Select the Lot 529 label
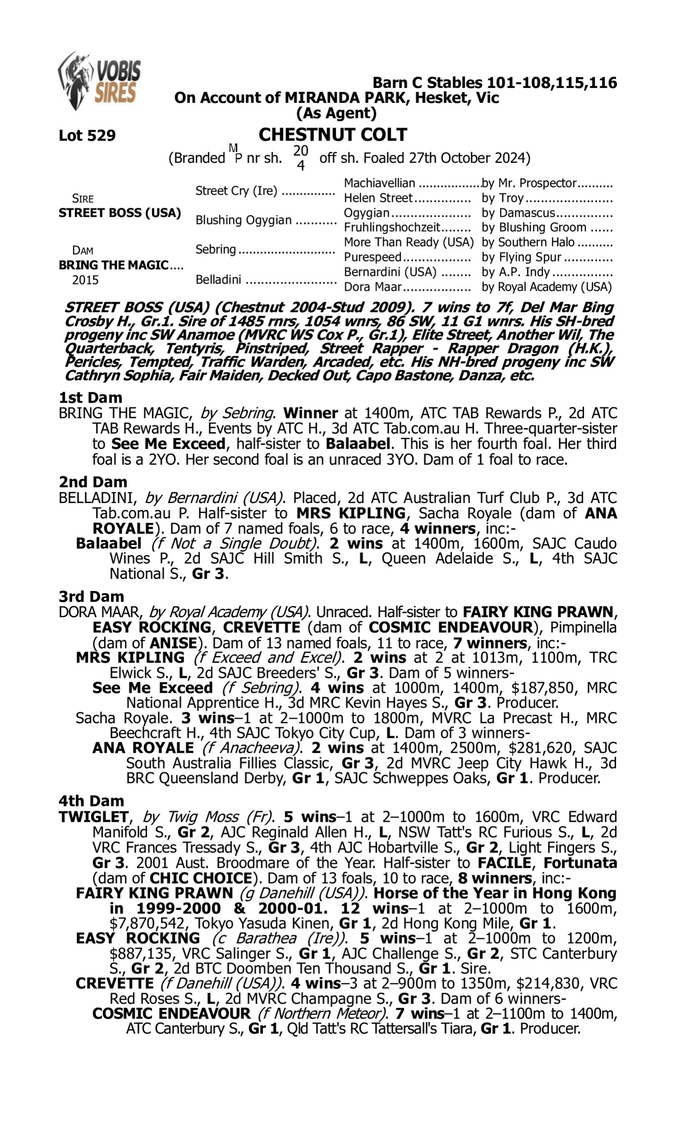(87, 135)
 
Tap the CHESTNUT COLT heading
(333, 135)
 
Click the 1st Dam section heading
(90, 398)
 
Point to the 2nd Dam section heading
(92, 482)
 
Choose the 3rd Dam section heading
(91, 596)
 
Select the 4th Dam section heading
(91, 801)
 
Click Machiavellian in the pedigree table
(379, 183)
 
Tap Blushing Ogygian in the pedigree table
(243, 220)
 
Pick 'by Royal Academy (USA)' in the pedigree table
(547, 287)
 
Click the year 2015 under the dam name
(85, 279)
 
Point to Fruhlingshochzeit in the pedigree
(392, 227)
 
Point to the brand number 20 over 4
(301, 158)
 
